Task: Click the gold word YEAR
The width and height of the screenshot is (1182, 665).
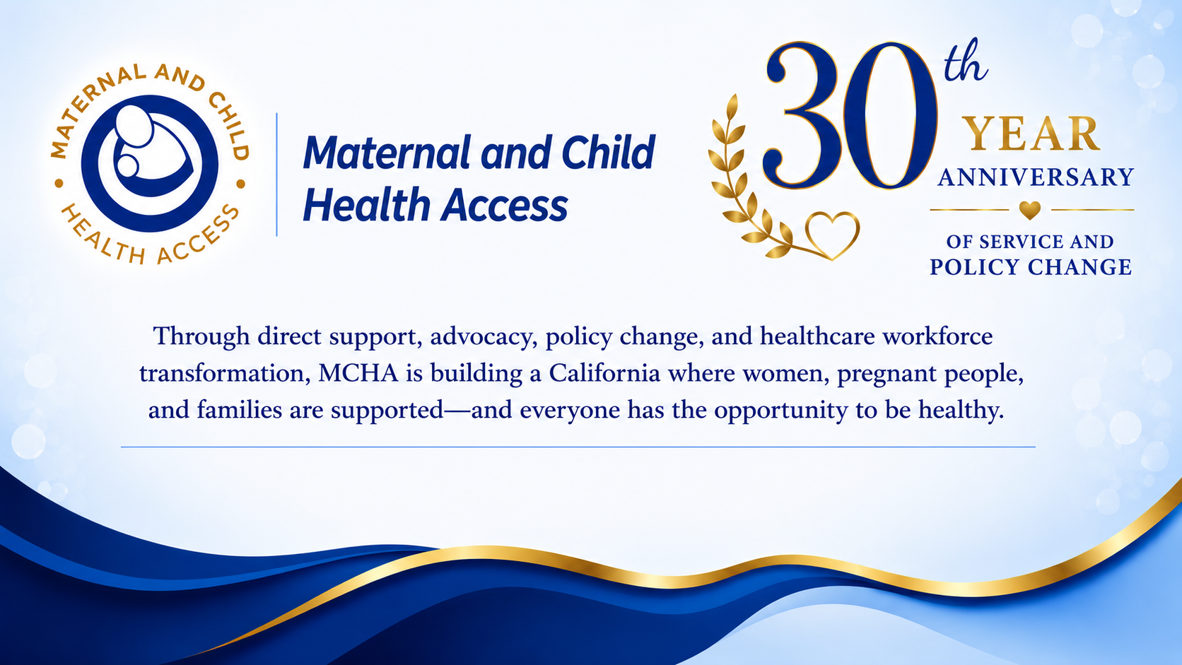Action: tap(1032, 134)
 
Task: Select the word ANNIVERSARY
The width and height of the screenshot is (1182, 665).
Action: tap(1036, 177)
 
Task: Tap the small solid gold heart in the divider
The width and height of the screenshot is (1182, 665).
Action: tap(1029, 210)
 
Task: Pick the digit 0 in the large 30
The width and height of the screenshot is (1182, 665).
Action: tap(891, 115)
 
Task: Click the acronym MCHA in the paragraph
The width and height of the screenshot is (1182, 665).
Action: tap(358, 373)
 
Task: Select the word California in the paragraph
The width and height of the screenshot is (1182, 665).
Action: tap(604, 373)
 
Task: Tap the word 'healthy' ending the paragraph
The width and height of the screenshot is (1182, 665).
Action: tap(961, 411)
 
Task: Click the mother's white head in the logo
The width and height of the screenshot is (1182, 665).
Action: tap(134, 126)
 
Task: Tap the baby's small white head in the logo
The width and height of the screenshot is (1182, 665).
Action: tap(127, 165)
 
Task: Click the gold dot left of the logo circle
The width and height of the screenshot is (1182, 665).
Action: tap(59, 184)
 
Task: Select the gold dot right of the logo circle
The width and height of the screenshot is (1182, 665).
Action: tap(240, 184)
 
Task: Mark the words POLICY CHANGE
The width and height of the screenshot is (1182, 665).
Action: tap(1031, 267)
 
